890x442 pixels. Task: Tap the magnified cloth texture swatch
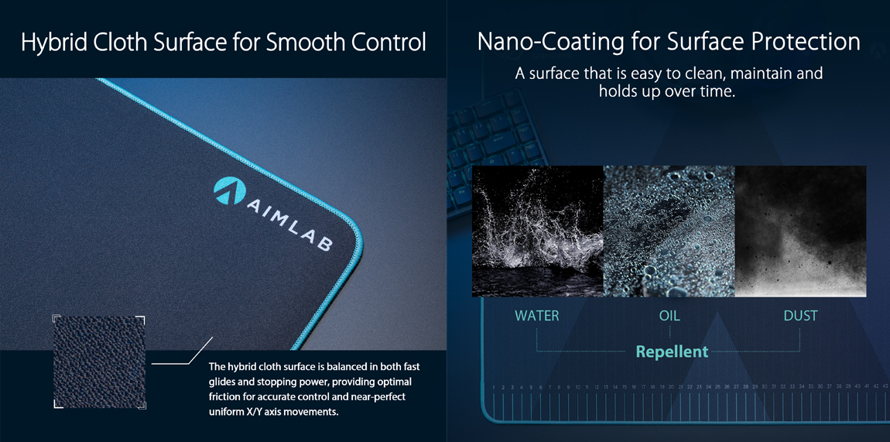[x=99, y=361]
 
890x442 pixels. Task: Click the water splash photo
[x=538, y=231]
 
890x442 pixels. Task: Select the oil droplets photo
[x=669, y=231]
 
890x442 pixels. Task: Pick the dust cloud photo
[x=800, y=231]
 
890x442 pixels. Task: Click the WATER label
[x=537, y=316]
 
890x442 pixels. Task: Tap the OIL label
[x=669, y=316]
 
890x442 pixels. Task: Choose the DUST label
[x=800, y=316]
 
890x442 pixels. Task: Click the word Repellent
[x=672, y=351]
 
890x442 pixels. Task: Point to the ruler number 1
[x=495, y=388]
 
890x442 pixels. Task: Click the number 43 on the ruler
[x=885, y=387]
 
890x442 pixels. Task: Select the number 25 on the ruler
[x=717, y=388]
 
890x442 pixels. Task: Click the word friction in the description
[x=224, y=396]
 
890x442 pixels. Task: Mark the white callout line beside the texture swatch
[x=181, y=350]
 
